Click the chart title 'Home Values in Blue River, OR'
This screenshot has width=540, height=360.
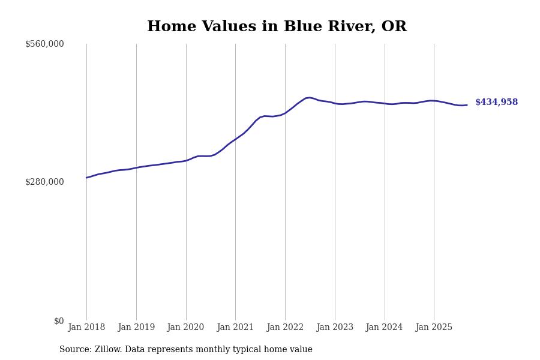coord(277,27)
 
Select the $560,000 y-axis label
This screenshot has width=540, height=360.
coord(44,44)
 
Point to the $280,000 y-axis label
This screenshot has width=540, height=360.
coord(44,182)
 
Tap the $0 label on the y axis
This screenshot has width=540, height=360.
coord(59,321)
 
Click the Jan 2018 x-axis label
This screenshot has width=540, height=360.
coord(86,328)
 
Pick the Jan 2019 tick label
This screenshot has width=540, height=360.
coord(136,328)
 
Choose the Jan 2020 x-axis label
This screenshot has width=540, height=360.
coord(186,328)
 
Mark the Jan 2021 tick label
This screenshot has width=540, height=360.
coord(235,328)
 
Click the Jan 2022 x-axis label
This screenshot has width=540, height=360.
coord(285,328)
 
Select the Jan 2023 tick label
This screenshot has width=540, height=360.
coord(335,328)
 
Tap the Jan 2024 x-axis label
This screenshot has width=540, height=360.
coord(385,328)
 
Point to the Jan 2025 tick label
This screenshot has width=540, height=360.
coord(434,328)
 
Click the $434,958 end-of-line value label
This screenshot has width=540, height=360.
coord(496,103)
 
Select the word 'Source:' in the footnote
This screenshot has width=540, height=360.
coord(76,350)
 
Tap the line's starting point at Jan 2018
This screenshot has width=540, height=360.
coord(86,178)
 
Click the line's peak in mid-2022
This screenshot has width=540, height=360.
coord(310,97)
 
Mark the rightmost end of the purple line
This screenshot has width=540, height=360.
coord(467,105)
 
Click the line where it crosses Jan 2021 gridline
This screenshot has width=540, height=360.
coord(235,139)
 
